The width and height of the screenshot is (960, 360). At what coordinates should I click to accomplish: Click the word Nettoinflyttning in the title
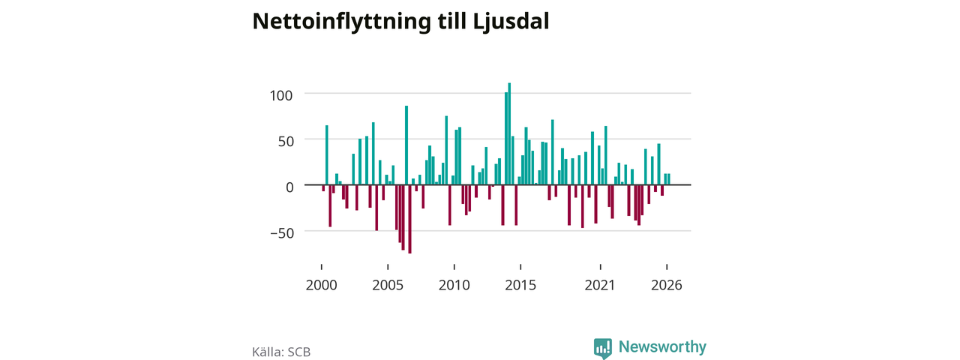tap(341, 22)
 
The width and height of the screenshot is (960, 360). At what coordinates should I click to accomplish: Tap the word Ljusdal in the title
tap(511, 22)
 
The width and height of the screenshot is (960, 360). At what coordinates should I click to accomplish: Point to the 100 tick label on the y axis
tap(281, 95)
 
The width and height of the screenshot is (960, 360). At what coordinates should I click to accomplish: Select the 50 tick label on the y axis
tap(286, 142)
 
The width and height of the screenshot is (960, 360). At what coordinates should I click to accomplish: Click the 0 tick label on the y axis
tap(289, 187)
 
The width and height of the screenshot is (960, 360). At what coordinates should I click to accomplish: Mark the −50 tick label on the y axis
tap(282, 233)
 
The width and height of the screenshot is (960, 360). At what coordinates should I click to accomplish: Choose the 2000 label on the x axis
tap(322, 285)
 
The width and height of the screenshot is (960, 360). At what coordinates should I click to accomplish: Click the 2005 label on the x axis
tap(388, 285)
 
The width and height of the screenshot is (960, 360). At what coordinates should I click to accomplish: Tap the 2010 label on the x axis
tap(454, 285)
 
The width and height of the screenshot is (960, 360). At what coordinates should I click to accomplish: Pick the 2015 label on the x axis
tap(520, 285)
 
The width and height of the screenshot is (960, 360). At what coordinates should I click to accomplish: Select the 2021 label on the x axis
tap(600, 285)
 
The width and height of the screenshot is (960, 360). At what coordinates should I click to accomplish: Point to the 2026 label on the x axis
tap(667, 285)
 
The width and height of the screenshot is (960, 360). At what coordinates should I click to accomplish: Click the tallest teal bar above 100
tap(509, 133)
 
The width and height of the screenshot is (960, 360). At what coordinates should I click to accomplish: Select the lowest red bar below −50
tap(409, 219)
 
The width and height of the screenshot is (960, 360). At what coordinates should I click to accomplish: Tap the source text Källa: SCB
tap(281, 352)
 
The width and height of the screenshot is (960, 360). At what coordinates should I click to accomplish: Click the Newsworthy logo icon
tap(602, 348)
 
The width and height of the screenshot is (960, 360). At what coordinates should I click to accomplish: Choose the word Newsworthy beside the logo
tap(662, 346)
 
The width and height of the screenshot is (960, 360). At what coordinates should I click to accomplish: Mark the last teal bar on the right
tap(668, 179)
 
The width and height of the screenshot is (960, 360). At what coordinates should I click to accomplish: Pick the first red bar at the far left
tap(323, 187)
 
